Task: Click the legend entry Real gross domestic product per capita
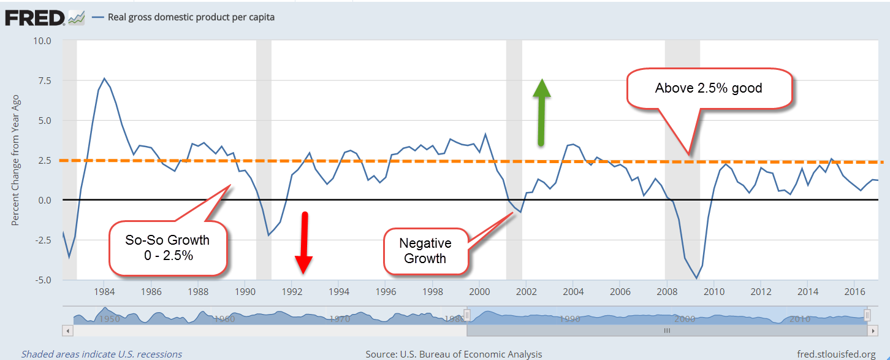[x=191, y=17]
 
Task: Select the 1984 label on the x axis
[x=104, y=291]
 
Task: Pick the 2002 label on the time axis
[x=526, y=291]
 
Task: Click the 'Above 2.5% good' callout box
[x=709, y=89]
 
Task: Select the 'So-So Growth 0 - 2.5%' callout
[x=167, y=247]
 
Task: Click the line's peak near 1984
[x=104, y=79]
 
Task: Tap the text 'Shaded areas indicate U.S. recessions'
[x=101, y=354]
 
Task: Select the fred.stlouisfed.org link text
[x=836, y=354]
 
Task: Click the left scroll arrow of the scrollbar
[x=67, y=331]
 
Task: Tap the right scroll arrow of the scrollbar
[x=872, y=331]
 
